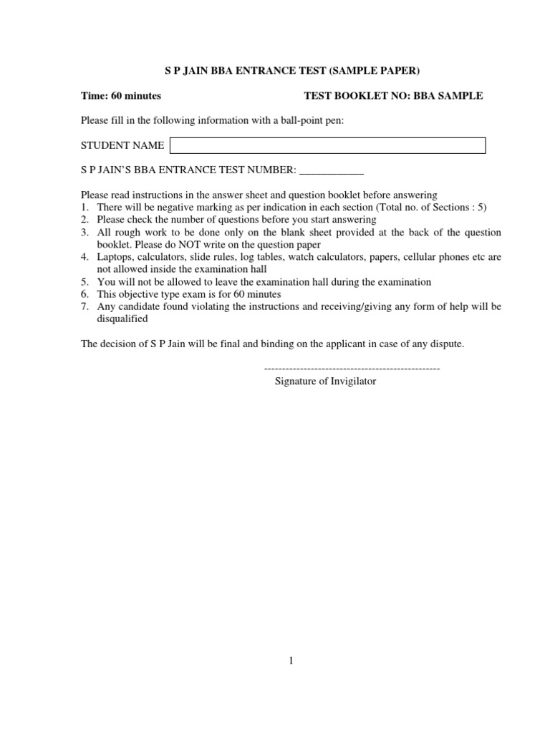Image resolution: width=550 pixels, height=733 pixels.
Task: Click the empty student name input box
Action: click(x=327, y=146)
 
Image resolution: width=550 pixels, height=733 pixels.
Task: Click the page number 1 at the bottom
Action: click(x=291, y=661)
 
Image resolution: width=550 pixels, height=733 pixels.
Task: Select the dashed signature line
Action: click(x=352, y=368)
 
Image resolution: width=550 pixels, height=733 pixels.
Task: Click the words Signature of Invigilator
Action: click(x=325, y=382)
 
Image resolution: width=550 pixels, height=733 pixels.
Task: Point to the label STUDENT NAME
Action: click(x=122, y=146)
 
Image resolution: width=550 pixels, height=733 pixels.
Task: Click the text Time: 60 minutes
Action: click(x=121, y=96)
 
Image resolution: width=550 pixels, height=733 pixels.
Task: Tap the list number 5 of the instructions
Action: click(x=85, y=282)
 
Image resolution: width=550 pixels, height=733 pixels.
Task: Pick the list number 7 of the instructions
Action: click(x=85, y=307)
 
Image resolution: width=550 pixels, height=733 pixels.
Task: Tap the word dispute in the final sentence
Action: click(x=448, y=344)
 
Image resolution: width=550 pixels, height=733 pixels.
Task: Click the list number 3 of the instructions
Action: click(x=85, y=233)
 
